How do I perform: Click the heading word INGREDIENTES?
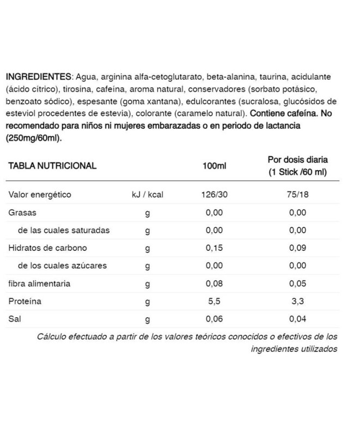tap(38, 77)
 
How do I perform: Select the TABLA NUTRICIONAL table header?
tap(52, 166)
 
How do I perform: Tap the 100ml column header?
tap(214, 166)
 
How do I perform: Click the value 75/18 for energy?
tap(297, 195)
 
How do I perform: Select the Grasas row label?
tap(22, 213)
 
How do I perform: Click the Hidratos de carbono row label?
tap(47, 248)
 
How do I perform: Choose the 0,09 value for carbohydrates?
tap(297, 248)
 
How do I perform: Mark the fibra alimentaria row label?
tap(39, 283)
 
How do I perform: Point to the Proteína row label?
tap(25, 301)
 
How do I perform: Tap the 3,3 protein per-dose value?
tap(297, 301)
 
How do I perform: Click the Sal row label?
tap(15, 319)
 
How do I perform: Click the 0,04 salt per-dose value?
tap(297, 319)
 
